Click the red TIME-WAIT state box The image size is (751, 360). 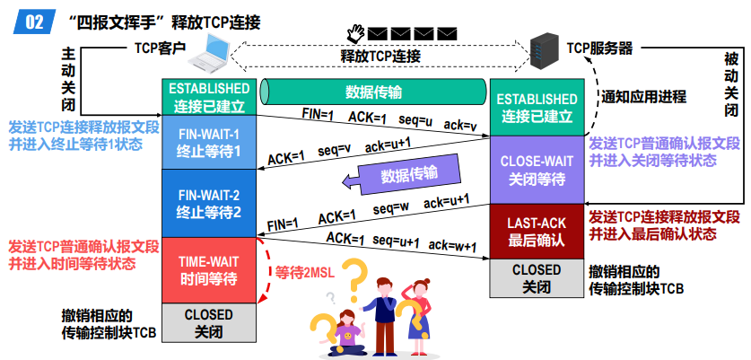[x=209, y=270]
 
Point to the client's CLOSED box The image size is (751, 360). [x=209, y=323]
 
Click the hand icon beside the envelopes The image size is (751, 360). [x=356, y=34]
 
